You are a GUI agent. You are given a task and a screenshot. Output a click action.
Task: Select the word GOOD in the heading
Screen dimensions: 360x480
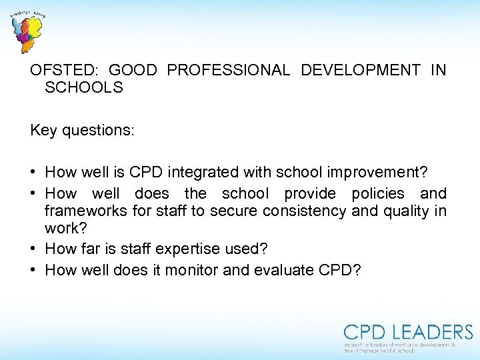pos(132,70)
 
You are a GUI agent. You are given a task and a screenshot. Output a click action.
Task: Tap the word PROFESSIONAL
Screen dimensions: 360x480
pos(229,70)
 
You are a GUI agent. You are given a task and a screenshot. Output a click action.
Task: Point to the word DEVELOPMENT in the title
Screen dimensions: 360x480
pos(361,70)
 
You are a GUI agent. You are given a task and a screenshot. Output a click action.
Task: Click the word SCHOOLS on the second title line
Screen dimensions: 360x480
pos(84,88)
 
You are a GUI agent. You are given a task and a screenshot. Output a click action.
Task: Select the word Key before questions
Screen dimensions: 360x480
pos(43,130)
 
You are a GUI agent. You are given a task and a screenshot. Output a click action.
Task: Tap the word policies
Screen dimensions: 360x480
pos(378,193)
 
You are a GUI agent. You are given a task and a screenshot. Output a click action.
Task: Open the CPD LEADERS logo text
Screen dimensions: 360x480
pos(408,332)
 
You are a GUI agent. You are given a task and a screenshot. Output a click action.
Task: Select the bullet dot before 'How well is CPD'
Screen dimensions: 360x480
pos(34,173)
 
